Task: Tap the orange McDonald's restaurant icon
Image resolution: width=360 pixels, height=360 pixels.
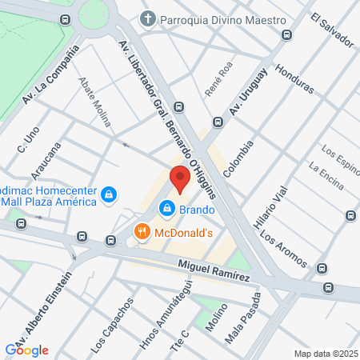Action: point(142,232)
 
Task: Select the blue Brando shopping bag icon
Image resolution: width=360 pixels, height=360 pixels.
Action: point(166,209)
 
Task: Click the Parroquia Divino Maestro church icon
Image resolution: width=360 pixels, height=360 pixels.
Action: point(147,18)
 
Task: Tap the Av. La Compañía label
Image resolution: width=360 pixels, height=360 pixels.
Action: point(52,77)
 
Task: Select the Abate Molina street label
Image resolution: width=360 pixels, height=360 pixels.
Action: point(94,102)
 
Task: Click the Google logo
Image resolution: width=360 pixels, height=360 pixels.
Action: point(27,350)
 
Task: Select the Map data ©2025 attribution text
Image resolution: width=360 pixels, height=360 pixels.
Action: point(326,354)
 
